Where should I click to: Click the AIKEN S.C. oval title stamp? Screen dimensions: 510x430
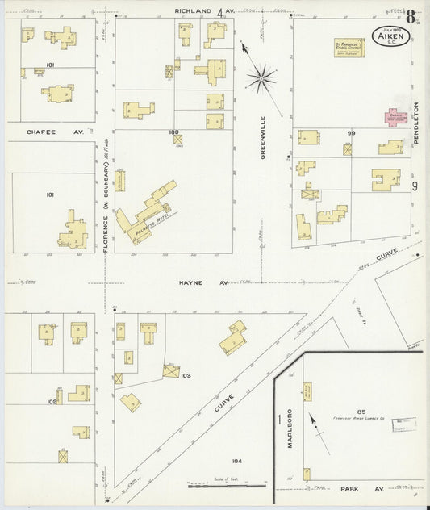tap(389, 36)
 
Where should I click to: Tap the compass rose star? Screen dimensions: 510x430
tap(261, 78)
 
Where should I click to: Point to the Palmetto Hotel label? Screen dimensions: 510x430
tap(146, 223)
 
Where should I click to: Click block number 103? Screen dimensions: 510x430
tap(185, 376)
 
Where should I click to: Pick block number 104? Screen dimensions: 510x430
tap(236, 461)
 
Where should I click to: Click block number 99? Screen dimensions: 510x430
tap(351, 132)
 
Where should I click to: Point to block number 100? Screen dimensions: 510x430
tap(173, 131)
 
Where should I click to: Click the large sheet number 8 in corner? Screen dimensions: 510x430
tap(411, 17)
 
